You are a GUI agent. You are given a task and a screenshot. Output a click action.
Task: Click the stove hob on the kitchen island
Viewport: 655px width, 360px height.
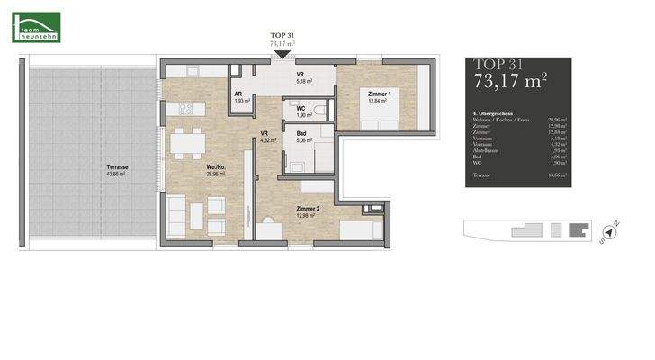(188, 109)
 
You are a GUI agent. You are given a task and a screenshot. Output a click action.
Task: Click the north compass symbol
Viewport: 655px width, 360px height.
(610, 231)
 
